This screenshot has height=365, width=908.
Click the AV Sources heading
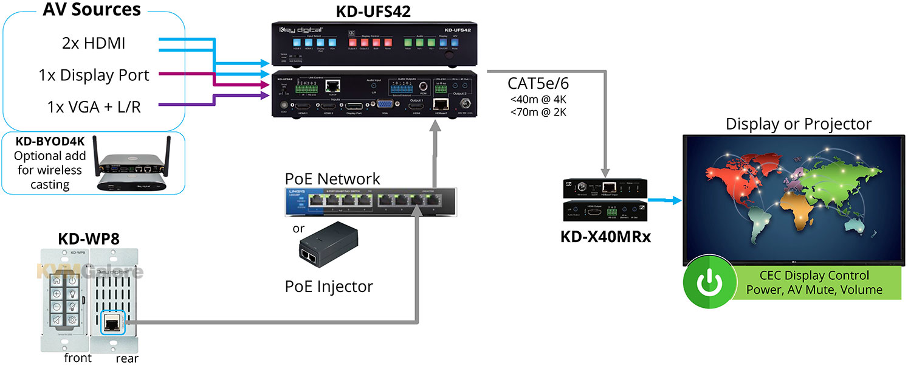[x=92, y=10]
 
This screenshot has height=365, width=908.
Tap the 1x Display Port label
[x=94, y=75]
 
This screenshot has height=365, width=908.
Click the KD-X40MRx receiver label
[x=605, y=236]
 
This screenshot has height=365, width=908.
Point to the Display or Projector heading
[x=798, y=124]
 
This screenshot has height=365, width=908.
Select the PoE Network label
[x=332, y=179]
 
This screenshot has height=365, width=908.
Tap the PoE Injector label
[x=329, y=285]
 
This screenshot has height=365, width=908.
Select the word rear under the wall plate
[x=127, y=358]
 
